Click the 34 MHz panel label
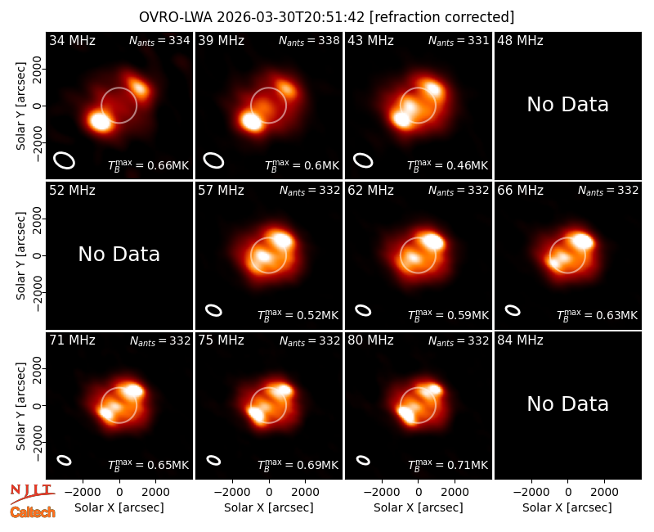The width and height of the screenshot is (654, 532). point(72,40)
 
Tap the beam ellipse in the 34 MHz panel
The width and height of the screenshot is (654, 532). point(64,160)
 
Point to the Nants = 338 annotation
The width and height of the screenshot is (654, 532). point(309,40)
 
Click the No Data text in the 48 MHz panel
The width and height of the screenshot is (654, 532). point(567,105)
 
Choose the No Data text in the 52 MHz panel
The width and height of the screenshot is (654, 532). point(119,254)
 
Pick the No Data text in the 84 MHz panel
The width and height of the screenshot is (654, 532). point(567,404)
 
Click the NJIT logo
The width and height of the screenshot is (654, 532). point(32,493)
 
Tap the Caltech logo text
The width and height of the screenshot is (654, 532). point(33,512)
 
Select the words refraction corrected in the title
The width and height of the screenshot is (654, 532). point(442,17)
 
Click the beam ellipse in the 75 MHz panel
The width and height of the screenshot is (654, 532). point(213,460)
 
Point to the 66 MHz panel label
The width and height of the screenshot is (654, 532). point(520,191)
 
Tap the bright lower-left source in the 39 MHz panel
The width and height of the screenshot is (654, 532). point(252,121)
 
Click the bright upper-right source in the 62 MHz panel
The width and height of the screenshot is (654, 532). point(433,241)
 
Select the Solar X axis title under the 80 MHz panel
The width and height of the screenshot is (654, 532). point(419,507)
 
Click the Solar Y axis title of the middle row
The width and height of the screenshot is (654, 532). point(20,255)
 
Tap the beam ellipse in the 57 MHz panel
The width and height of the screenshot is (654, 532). point(213,310)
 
